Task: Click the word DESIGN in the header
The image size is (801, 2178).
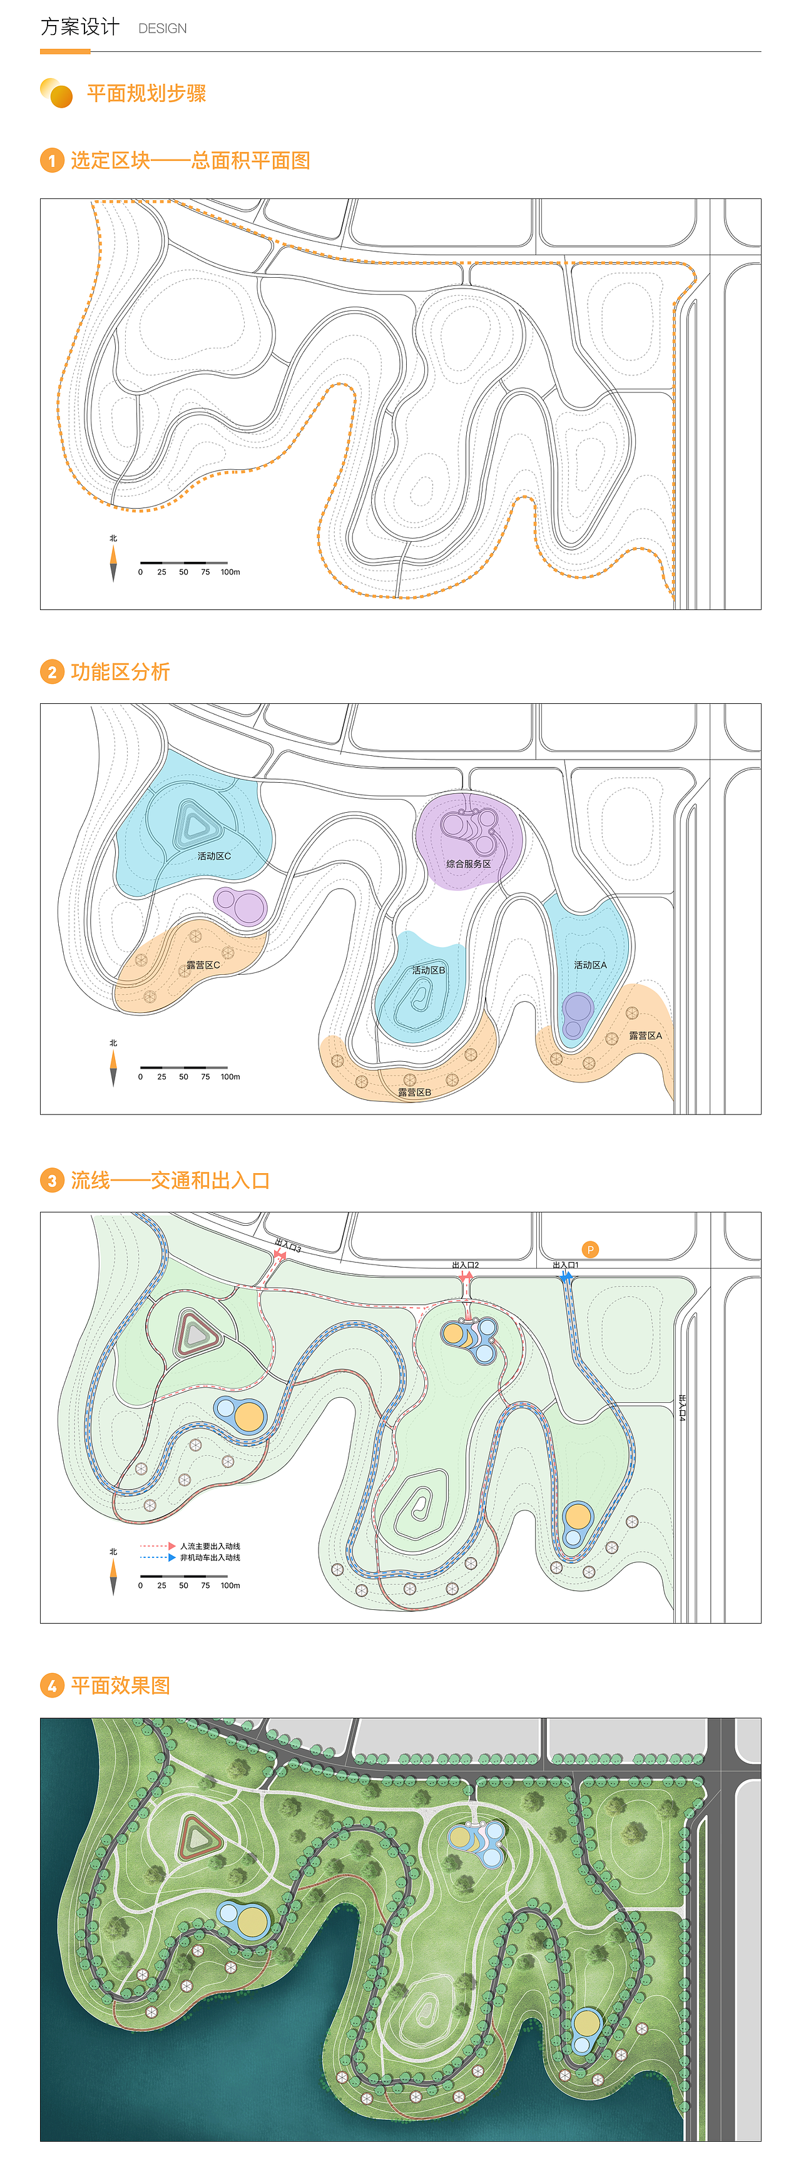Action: [163, 29]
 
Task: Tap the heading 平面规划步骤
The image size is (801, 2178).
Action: [146, 93]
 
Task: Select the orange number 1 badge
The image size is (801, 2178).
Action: [51, 161]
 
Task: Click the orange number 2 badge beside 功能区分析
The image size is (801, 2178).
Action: [51, 672]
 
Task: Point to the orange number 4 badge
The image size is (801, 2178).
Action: [51, 1685]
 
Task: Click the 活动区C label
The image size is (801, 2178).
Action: [214, 856]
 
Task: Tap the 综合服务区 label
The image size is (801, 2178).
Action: [469, 863]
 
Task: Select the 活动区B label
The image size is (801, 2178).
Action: [428, 970]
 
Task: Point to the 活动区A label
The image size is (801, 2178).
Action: [590, 965]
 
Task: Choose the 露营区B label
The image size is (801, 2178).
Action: [414, 1092]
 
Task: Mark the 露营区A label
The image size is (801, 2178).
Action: [645, 1035]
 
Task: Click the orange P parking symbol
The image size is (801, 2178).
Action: [590, 1249]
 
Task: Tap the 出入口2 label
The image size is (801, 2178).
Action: [465, 1265]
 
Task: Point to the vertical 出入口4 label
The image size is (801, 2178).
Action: [681, 1408]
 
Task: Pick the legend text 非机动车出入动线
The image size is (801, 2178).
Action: [210, 1557]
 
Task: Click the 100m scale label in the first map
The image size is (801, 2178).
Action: [230, 572]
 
